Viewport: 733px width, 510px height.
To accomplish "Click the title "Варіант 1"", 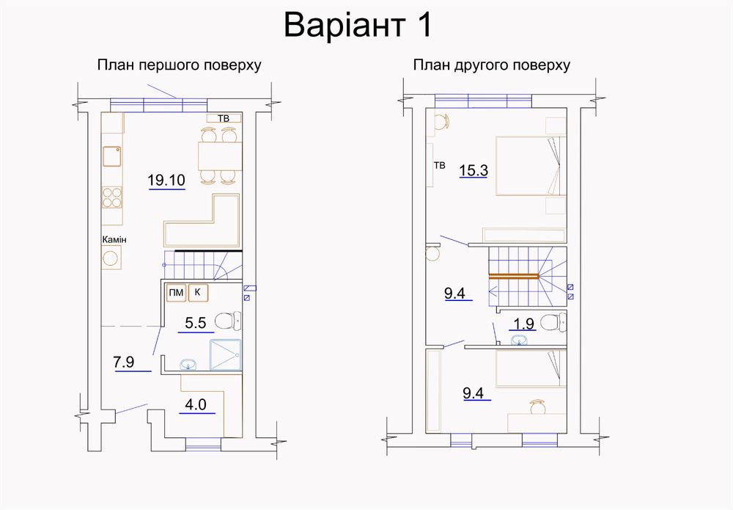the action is click(x=358, y=26).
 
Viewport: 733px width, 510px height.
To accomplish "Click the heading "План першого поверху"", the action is click(x=179, y=65).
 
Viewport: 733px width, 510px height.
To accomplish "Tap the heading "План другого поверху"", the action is click(x=491, y=65).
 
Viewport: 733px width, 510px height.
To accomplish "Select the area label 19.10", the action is click(x=166, y=180).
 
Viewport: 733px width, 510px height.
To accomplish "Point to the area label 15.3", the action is click(x=474, y=170).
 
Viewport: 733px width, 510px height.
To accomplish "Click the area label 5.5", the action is click(x=196, y=322).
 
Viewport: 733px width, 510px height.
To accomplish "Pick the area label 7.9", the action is click(x=124, y=362).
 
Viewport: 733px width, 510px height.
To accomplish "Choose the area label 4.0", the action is click(x=196, y=404).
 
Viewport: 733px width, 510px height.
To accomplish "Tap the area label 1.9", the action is click(x=523, y=324).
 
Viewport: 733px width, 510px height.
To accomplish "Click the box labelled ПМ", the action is click(x=176, y=293).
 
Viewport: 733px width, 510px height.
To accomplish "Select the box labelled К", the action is click(x=198, y=293).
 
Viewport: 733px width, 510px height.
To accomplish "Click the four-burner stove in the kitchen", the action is click(x=112, y=197).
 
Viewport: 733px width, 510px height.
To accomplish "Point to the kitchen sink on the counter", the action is click(x=112, y=156).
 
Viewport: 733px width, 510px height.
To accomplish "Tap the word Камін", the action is click(x=114, y=239).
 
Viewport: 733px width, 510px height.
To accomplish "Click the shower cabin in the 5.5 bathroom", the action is click(x=225, y=354).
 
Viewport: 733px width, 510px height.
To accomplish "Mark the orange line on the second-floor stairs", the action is click(x=514, y=276).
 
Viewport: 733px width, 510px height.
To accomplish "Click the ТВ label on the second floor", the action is click(x=439, y=165).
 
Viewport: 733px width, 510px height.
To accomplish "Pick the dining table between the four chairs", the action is click(x=220, y=156).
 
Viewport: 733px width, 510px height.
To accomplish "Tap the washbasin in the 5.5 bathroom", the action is click(x=188, y=364).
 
